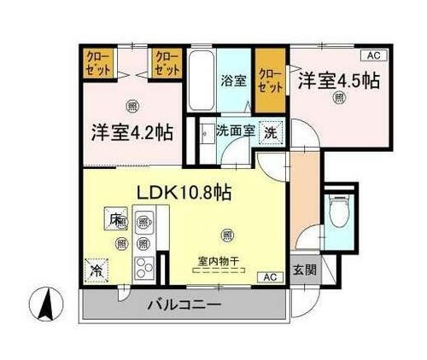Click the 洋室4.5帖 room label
[x=339, y=82]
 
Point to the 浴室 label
[x=234, y=83]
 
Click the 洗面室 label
[x=234, y=132]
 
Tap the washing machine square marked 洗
[x=269, y=134]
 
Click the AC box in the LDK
[x=270, y=276]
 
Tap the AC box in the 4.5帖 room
[x=371, y=55]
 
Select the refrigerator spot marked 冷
[x=93, y=268]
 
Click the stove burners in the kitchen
[x=141, y=266]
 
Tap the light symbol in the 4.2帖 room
[x=132, y=106]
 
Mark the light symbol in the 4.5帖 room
[x=340, y=100]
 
